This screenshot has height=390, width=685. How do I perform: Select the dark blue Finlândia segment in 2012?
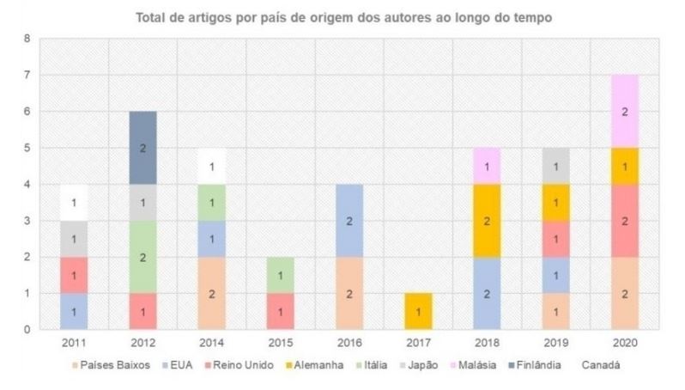tap(142, 148)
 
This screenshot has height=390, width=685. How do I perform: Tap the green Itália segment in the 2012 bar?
tap(142, 257)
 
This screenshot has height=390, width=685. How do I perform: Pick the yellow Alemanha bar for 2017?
tap(419, 312)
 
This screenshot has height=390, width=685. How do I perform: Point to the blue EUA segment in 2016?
tap(349, 221)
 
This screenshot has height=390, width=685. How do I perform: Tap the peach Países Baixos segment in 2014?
tap(211, 294)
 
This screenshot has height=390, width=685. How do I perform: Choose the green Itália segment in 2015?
tap(281, 275)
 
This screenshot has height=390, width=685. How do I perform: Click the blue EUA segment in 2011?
tap(74, 312)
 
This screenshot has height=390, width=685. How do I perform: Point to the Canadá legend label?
tap(601, 365)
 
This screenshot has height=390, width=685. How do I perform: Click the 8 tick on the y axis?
tap(28, 39)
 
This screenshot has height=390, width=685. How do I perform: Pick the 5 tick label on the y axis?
tap(28, 148)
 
